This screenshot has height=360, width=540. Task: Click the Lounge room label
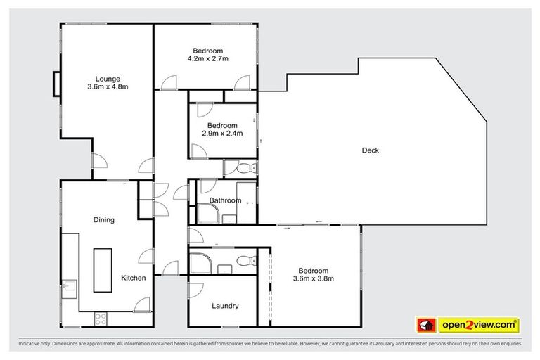(108, 79)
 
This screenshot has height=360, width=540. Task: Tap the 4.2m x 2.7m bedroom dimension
(207, 58)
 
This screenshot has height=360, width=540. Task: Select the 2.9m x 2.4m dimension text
(222, 134)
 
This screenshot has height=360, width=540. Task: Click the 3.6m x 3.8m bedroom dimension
(314, 278)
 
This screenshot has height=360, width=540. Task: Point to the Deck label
(371, 150)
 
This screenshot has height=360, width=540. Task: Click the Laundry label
(225, 306)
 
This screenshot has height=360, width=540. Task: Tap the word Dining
(103, 220)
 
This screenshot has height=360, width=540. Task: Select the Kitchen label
(134, 278)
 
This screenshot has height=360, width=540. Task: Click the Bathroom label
(225, 200)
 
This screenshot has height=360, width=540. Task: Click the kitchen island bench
(103, 270)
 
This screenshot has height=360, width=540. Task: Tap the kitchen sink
(69, 289)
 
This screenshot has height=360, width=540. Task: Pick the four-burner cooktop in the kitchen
(101, 319)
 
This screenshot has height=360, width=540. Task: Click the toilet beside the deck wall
(246, 169)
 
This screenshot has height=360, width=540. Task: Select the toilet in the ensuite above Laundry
(247, 260)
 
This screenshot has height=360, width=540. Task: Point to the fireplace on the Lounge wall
(56, 84)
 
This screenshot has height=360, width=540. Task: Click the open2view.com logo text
(479, 325)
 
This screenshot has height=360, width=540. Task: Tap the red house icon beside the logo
(426, 325)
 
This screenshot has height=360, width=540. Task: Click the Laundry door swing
(195, 290)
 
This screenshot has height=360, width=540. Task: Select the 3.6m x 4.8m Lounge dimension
(108, 86)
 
